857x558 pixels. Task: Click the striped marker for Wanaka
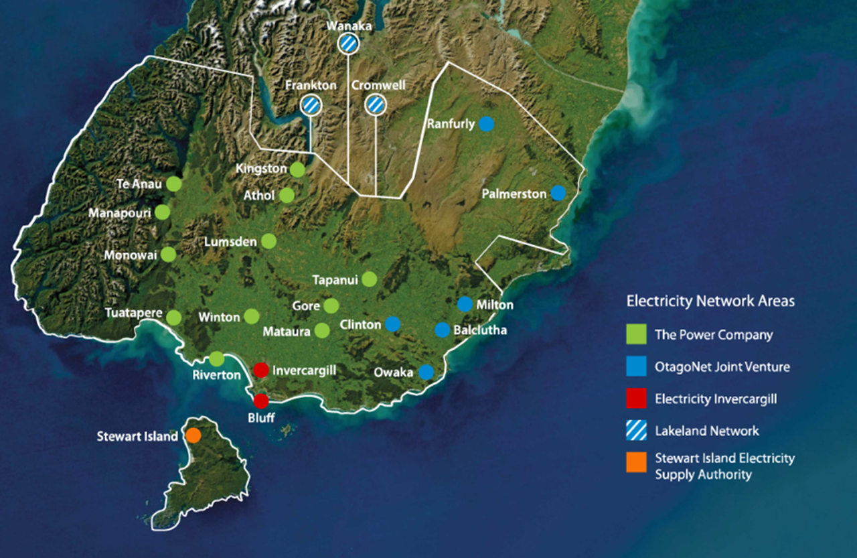(x=348, y=44)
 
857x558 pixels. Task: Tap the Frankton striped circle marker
(x=311, y=104)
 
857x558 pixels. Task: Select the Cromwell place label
(x=378, y=86)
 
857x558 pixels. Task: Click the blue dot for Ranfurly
(x=487, y=124)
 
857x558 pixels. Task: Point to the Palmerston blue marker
(x=558, y=193)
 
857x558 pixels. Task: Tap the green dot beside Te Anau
(x=174, y=184)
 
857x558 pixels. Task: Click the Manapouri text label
(x=120, y=213)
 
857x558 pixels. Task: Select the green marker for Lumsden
(x=269, y=241)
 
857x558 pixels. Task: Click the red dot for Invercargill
(x=261, y=370)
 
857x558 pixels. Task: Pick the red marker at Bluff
(x=261, y=401)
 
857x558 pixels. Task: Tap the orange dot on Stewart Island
(x=193, y=435)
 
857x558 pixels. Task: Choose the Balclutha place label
(x=480, y=330)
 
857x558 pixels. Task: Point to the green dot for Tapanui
(x=370, y=279)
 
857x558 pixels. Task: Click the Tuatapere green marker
(x=174, y=318)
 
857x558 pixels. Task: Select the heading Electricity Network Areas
(x=710, y=301)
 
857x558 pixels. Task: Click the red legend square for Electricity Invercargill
(x=637, y=399)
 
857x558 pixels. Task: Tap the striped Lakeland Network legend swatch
(x=637, y=431)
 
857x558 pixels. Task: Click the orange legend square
(x=637, y=463)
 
